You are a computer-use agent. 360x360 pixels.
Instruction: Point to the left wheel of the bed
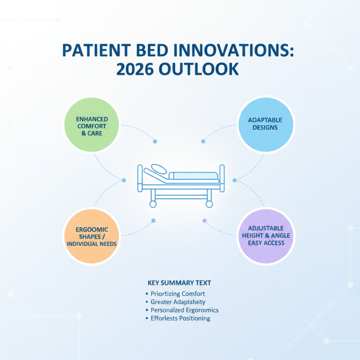(x=153, y=204)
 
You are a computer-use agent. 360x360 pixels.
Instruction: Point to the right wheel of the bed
(x=209, y=204)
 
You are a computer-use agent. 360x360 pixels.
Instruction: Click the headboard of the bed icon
(x=140, y=177)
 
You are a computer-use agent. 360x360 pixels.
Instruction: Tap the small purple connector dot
(x=205, y=220)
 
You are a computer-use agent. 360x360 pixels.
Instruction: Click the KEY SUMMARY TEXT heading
(x=180, y=283)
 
